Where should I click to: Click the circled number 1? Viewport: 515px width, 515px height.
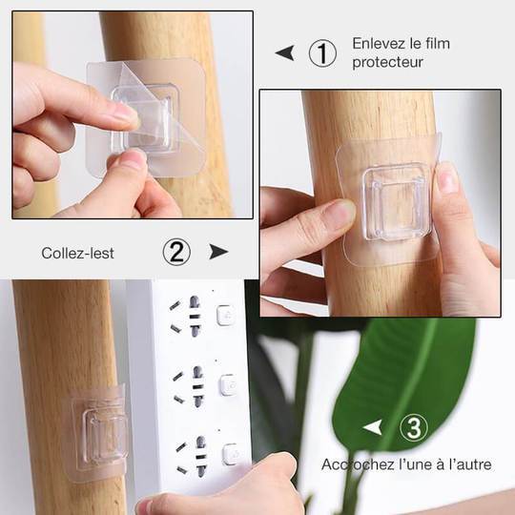(322, 53)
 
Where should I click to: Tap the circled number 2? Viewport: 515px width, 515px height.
(176, 252)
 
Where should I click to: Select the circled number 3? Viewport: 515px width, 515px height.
(414, 427)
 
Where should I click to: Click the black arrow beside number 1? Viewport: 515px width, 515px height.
(285, 53)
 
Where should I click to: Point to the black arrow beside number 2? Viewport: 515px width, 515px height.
(218, 252)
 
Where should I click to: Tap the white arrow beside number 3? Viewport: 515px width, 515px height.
(373, 427)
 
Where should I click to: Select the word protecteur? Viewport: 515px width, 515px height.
(387, 62)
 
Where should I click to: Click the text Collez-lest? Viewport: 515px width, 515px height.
(77, 254)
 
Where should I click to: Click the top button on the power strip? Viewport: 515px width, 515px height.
(225, 316)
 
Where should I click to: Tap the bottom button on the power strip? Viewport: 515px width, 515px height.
(231, 455)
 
